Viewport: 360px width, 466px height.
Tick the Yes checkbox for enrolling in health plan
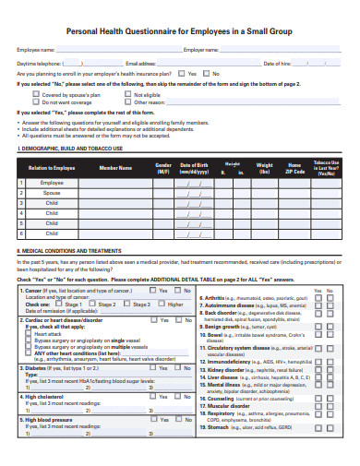[x=182, y=73]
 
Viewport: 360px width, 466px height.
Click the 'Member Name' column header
[x=115, y=169]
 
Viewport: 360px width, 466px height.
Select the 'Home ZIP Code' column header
[x=294, y=169]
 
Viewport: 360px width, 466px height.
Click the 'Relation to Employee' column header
[x=52, y=169]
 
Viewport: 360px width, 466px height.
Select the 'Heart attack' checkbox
[x=30, y=333]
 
